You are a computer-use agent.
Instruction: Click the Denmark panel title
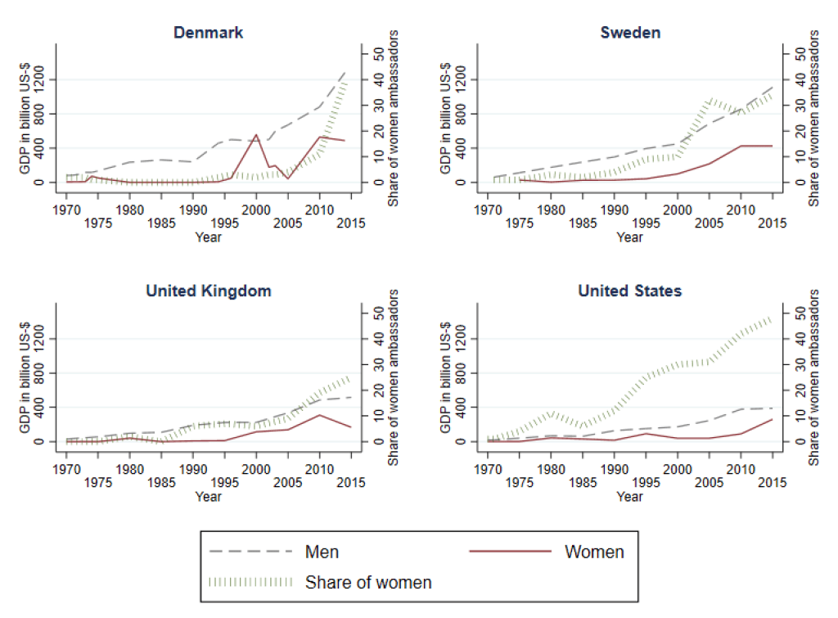pyautogui.click(x=209, y=33)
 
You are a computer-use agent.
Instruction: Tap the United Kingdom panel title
pyautogui.click(x=209, y=291)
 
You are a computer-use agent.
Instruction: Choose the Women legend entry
pyautogui.click(x=594, y=552)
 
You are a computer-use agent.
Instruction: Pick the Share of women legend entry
pyautogui.click(x=368, y=583)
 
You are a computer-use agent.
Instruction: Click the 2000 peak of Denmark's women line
pyautogui.click(x=256, y=135)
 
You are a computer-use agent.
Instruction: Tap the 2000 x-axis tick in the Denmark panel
pyautogui.click(x=256, y=208)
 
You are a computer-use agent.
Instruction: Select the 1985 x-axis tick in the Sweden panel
pyautogui.click(x=583, y=222)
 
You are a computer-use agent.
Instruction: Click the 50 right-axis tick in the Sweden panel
pyautogui.click(x=790, y=53)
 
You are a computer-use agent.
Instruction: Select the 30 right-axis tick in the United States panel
pyautogui.click(x=790, y=364)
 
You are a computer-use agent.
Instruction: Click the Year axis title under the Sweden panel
pyautogui.click(x=629, y=237)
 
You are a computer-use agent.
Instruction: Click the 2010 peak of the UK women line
pyautogui.click(x=319, y=415)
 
